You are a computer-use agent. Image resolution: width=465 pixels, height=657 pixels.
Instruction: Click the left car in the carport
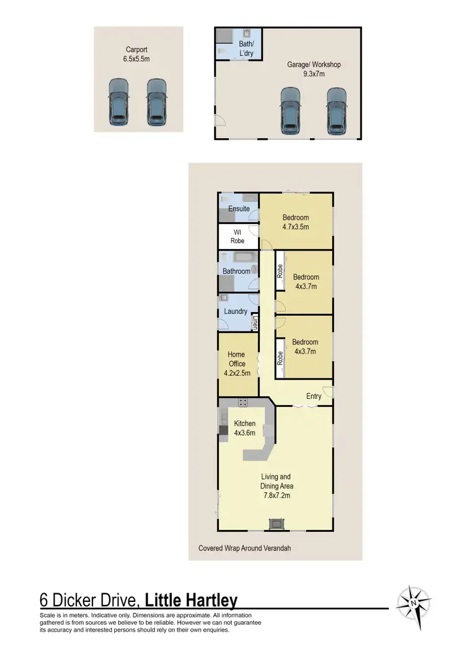coord(118,103)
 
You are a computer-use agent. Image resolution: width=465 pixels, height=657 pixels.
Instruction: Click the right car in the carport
coord(156,103)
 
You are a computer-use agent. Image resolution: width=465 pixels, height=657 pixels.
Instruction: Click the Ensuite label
coord(239,209)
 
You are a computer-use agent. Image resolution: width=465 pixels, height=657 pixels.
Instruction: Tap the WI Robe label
coord(237,237)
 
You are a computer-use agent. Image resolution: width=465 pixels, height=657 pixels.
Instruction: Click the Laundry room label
coord(236,311)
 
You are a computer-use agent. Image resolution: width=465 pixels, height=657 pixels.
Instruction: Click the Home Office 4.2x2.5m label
coord(237,363)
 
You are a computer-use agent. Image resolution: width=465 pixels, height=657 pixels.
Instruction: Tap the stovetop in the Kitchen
coord(242,402)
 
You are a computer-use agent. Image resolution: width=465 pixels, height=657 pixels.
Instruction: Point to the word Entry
coord(314,396)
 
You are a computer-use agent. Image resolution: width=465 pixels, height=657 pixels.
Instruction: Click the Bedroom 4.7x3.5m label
coord(296,222)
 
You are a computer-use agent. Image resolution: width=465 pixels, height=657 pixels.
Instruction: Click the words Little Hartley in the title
coord(192,601)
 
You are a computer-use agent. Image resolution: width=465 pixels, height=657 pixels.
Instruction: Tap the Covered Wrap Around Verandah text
coord(244,548)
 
